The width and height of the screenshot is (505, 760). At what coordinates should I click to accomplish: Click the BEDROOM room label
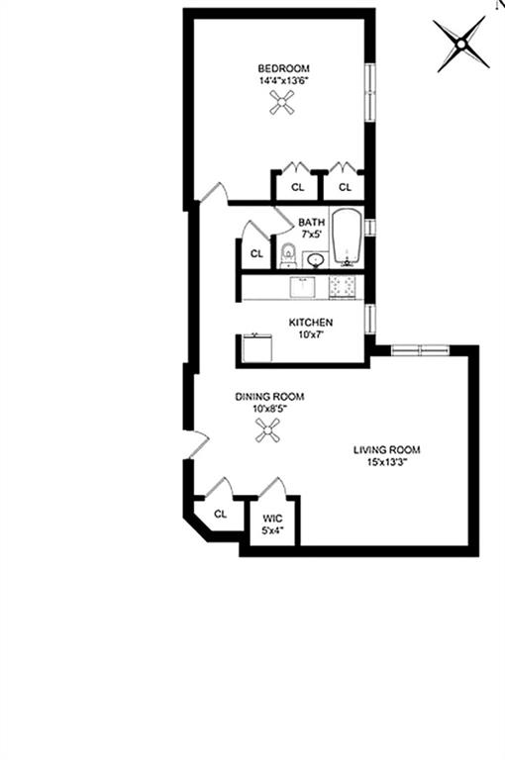[284, 68]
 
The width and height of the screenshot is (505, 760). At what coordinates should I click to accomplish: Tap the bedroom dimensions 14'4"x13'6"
[284, 81]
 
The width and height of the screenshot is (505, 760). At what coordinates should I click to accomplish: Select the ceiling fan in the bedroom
[284, 102]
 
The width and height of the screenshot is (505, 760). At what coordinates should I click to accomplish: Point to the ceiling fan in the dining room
[266, 429]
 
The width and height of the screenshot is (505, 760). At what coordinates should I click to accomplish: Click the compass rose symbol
[462, 44]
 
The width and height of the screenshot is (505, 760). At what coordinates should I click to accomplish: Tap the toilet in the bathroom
[287, 254]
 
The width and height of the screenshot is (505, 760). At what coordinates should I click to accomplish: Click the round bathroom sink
[315, 260]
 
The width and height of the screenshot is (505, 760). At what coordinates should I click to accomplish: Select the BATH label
[312, 222]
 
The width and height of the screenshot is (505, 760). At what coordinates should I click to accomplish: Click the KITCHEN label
[310, 323]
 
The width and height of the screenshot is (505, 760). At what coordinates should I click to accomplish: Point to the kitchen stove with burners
[346, 287]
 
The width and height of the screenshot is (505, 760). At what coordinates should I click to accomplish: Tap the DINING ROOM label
[269, 397]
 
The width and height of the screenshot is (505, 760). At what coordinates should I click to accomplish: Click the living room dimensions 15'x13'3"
[387, 462]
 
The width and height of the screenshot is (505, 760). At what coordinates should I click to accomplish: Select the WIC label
[272, 518]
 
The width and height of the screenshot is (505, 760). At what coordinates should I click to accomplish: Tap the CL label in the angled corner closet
[221, 514]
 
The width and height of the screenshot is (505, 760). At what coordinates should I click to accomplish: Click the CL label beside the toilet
[256, 253]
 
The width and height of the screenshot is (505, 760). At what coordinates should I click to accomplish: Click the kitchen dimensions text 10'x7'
[310, 334]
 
